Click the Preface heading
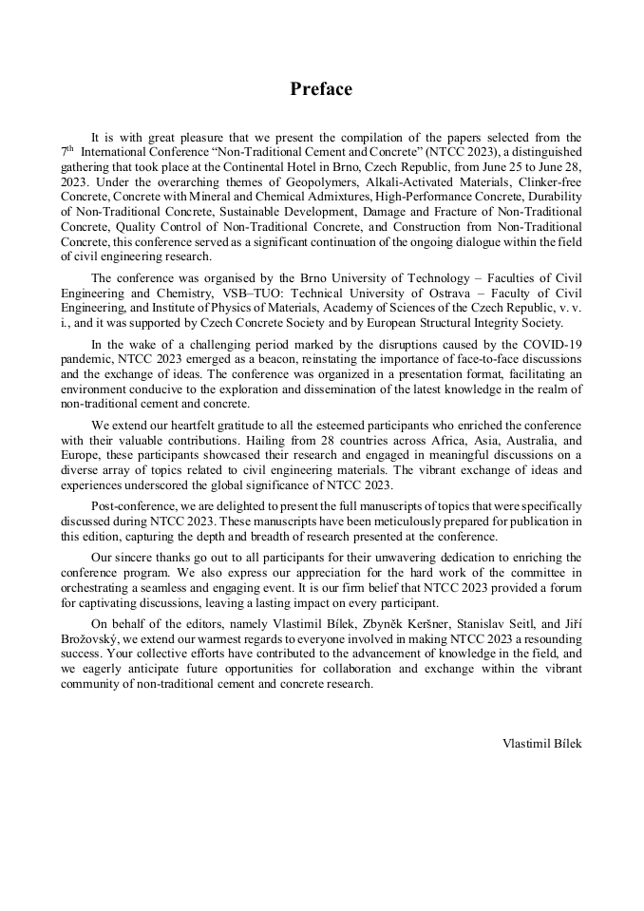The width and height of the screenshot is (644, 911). (x=321, y=89)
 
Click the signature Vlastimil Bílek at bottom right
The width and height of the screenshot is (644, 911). (x=541, y=743)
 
